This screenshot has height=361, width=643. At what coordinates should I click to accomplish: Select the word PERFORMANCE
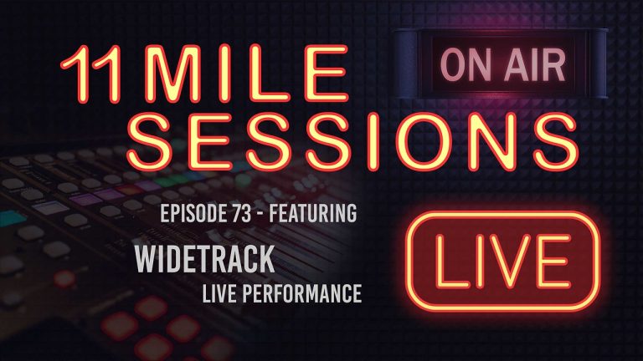click(x=305, y=294)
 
